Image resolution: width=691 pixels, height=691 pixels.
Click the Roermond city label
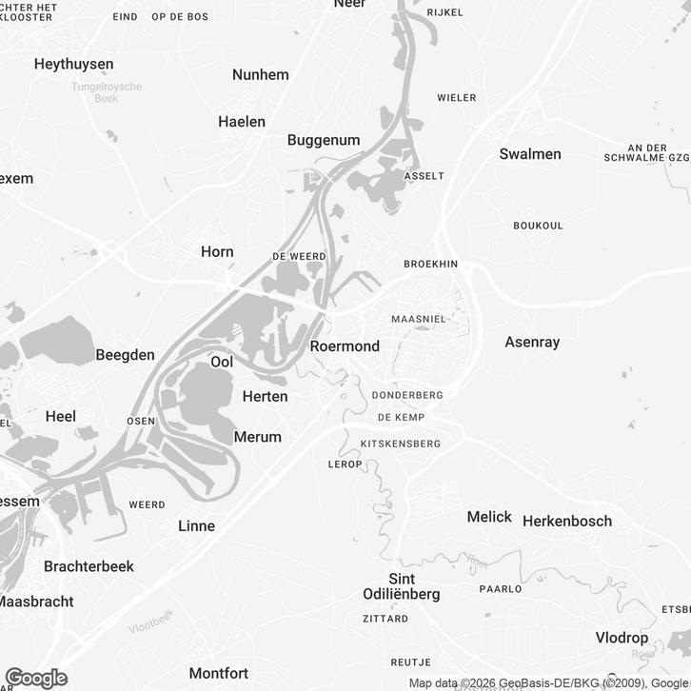tap(345, 346)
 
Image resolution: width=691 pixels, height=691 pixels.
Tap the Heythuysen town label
tap(73, 64)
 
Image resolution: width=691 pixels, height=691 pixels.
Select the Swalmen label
tap(530, 153)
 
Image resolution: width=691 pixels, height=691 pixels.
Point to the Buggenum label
tap(324, 140)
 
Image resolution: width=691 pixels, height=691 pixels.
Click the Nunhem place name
tap(261, 74)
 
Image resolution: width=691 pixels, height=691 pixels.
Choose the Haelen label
tap(242, 121)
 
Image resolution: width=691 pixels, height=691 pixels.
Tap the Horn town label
tap(217, 252)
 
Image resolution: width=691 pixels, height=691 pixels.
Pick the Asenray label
tap(532, 341)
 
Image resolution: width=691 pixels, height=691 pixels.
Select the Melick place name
tap(489, 517)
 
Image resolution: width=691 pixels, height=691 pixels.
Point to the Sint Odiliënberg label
tap(402, 586)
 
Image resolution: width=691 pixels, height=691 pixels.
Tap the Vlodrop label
tap(622, 638)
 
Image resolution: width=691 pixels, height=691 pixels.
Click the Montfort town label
tap(219, 673)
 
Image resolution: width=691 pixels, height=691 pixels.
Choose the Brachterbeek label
tap(89, 566)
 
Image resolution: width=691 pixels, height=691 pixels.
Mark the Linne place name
tap(197, 525)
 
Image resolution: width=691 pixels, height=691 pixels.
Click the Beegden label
tap(125, 354)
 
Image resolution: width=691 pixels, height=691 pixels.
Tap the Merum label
tap(258, 437)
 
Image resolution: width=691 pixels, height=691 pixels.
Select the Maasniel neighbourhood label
tap(419, 320)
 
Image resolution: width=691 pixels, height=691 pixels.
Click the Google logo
tap(36, 678)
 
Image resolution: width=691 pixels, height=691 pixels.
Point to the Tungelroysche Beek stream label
tap(107, 92)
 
